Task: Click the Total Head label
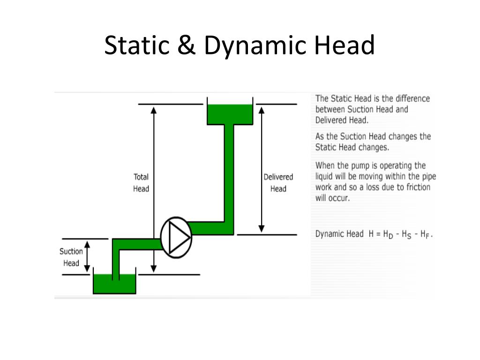[141, 183]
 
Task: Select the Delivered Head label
[278, 183]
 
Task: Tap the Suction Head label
[71, 257]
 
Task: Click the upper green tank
[230, 114]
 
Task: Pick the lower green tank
[114, 283]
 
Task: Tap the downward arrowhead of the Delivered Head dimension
[262, 228]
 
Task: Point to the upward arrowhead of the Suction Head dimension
[87, 244]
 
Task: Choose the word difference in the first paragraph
[412, 98]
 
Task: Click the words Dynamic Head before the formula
[339, 234]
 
